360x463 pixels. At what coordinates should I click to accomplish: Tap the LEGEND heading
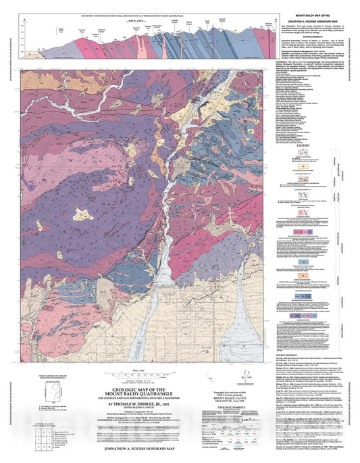click(313, 145)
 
